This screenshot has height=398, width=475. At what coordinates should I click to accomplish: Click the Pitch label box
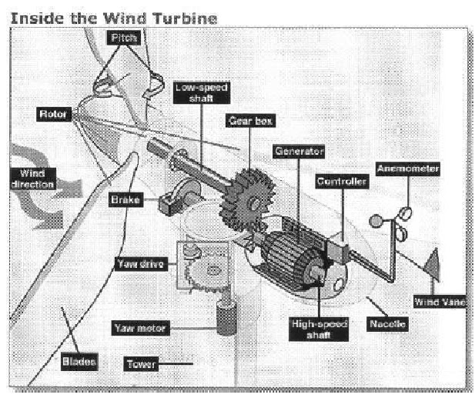124,38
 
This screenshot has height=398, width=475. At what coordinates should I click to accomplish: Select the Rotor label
54,114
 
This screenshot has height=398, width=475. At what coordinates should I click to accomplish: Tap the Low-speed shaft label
202,92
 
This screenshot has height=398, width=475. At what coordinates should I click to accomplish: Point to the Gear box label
250,121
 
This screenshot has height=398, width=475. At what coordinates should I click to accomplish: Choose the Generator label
299,151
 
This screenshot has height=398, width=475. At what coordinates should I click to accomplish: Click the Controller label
342,182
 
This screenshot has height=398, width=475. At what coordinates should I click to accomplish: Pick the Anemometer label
408,169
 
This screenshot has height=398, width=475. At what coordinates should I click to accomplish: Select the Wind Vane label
440,301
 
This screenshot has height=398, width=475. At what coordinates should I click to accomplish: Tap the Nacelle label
387,324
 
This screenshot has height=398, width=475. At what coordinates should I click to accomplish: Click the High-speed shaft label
319,329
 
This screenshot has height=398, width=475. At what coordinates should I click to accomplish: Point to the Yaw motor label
141,328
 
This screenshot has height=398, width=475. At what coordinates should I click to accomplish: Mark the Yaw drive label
141,264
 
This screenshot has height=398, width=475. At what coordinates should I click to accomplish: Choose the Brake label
125,199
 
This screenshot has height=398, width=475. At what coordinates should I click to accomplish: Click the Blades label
79,362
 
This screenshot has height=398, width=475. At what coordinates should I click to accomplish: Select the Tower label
141,364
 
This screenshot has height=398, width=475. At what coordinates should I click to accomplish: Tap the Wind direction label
33,179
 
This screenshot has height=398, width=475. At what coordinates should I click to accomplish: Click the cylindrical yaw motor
226,318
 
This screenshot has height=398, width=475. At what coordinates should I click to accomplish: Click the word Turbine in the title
186,18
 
